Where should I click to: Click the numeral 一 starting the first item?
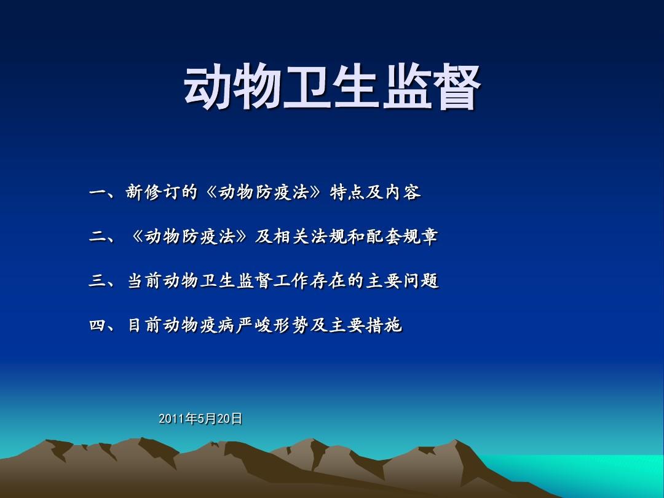98,193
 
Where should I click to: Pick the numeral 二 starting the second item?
98,237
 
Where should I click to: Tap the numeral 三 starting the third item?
98,282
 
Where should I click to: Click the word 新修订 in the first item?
152,193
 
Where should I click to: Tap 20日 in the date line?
230,419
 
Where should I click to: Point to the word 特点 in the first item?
349,193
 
